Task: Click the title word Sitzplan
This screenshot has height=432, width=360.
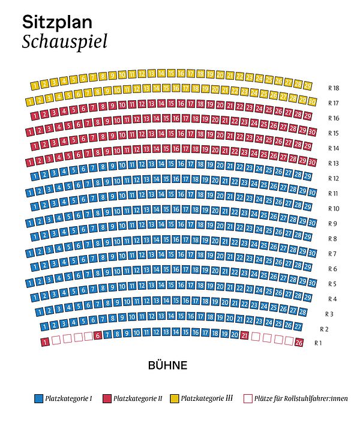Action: (57, 22)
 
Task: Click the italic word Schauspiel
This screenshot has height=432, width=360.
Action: (64, 41)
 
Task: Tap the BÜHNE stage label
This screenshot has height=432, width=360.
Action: (168, 365)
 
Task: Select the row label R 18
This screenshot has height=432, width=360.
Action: (334, 88)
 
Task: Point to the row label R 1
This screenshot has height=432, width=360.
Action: (318, 343)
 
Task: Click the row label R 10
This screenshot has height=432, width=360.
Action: (334, 208)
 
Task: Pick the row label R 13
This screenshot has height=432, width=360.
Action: (334, 163)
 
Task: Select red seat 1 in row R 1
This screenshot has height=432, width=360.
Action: (44, 342)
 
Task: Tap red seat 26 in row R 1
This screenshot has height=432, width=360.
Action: (299, 343)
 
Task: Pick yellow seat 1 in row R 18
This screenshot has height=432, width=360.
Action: (35, 85)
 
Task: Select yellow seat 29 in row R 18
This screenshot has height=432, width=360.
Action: (307, 86)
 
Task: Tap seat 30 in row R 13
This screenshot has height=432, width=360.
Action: (312, 162)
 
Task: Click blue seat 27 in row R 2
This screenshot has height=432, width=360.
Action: (298, 326)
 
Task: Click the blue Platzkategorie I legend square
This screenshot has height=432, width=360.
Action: (38, 398)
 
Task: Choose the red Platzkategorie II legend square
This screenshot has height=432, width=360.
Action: (107, 398)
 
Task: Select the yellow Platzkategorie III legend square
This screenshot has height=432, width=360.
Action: (175, 398)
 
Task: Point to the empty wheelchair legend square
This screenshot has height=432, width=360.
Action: (248, 398)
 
